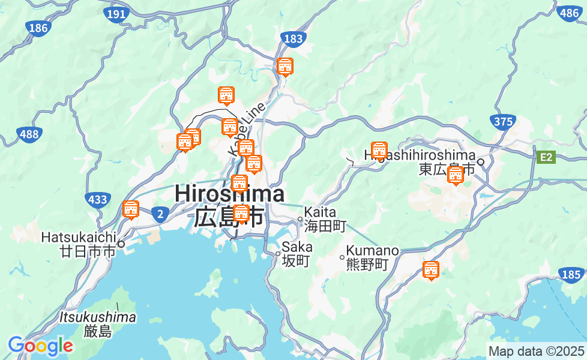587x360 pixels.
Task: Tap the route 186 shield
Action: (x=38, y=28)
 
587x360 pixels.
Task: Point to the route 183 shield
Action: (x=293, y=39)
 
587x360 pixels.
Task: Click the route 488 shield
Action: (x=29, y=134)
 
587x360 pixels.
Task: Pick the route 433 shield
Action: (x=97, y=200)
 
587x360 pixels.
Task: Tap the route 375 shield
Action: (x=503, y=122)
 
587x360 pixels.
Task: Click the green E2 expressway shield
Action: (x=546, y=157)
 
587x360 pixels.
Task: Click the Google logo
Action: (x=40, y=346)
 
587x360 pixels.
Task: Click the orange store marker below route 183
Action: (x=286, y=67)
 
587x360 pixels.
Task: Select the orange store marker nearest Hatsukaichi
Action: (x=130, y=209)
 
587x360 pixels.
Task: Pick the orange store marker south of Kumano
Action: (x=430, y=271)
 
